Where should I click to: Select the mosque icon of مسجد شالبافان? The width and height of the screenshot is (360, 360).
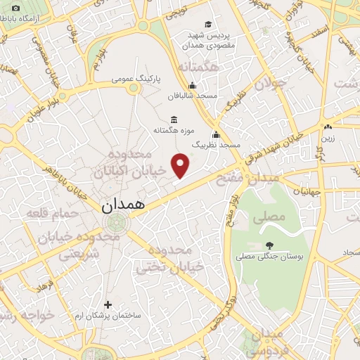tap(193, 85)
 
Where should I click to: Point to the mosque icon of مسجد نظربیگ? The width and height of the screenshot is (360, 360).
tap(216, 134)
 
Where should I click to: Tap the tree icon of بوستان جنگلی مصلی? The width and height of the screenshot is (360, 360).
tap(269, 245)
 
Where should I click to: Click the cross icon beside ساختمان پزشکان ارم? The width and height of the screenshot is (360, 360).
tap(108, 304)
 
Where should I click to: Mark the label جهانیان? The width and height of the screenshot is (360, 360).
tap(307, 191)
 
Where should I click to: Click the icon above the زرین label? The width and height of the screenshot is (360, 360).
tap(328, 127)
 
